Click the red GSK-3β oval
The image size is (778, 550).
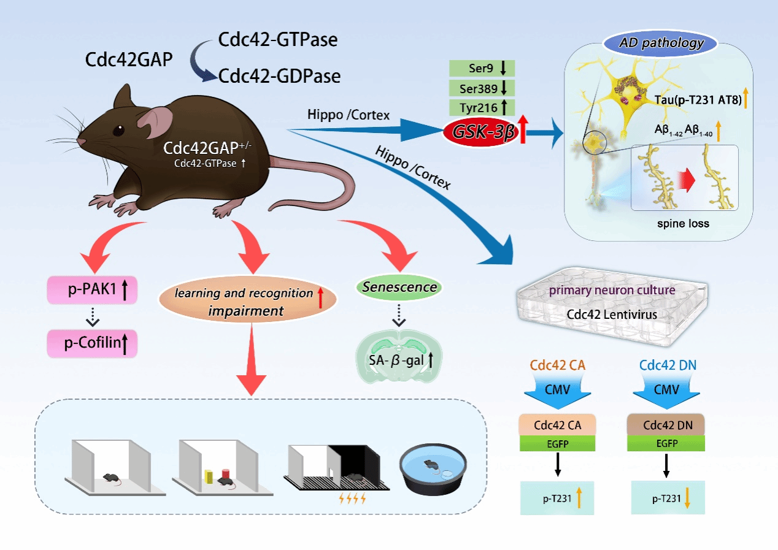click(482, 132)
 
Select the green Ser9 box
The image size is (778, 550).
click(482, 68)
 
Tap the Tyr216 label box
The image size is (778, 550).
click(482, 107)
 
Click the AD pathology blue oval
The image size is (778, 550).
click(660, 43)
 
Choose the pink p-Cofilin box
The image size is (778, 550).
click(92, 343)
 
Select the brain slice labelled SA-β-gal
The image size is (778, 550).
click(399, 356)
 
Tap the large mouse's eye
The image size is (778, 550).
click(118, 131)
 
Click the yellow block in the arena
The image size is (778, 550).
click(209, 476)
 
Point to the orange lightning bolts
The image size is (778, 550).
click(352, 498)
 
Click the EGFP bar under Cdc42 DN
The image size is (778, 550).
click(666, 443)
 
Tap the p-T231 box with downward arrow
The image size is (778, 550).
click(668, 498)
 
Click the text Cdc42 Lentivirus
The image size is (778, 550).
click(612, 315)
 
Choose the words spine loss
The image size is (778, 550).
click(683, 223)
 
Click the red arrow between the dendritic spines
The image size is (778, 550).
click(687, 180)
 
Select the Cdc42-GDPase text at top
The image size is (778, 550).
click(279, 77)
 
